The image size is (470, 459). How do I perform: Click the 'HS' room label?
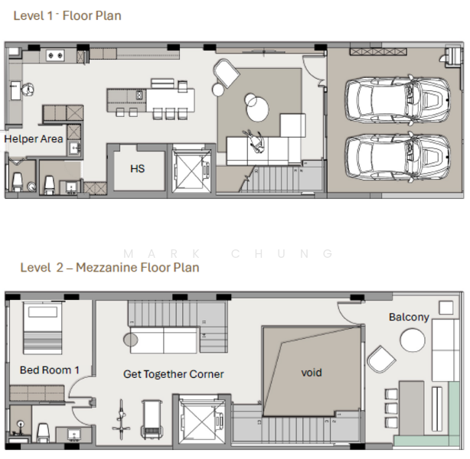[x=138, y=168]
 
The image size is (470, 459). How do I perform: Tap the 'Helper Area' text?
[x=34, y=138]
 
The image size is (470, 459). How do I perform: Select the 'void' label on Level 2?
[x=312, y=373]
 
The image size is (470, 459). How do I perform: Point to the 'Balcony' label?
[x=409, y=317]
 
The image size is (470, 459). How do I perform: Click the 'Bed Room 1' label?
[x=50, y=370]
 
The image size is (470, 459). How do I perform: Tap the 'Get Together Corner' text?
[x=173, y=374]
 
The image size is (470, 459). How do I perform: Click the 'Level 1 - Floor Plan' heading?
[x=67, y=15]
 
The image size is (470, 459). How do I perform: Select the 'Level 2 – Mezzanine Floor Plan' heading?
[x=109, y=267]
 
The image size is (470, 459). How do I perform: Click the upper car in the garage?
[x=398, y=100]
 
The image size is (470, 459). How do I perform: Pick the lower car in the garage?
[x=398, y=158]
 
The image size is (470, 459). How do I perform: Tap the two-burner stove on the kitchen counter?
[x=55, y=55]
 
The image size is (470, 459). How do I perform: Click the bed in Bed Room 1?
[x=43, y=328]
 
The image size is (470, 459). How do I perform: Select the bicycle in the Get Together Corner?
[x=121, y=419]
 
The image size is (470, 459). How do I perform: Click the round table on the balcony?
[x=413, y=340]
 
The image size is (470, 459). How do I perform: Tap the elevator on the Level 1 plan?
[x=191, y=170]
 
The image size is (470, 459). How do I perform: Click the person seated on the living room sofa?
[x=255, y=141]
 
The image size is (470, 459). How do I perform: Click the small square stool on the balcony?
[x=446, y=308]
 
